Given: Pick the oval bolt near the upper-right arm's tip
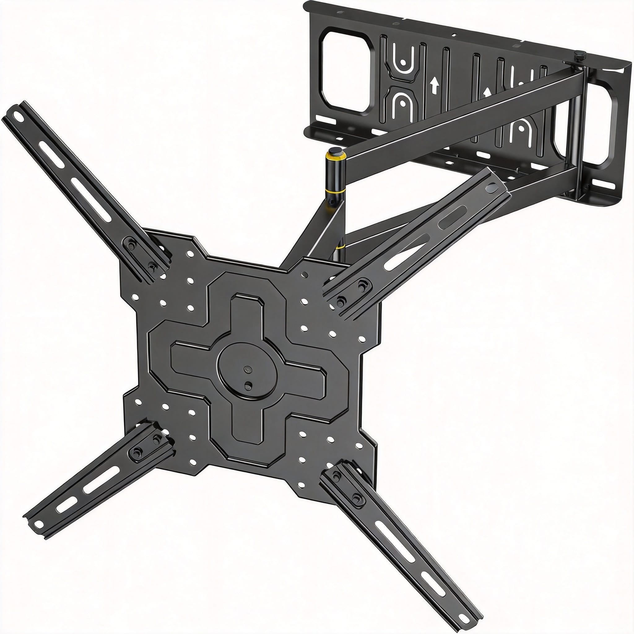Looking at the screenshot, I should point(492,188).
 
